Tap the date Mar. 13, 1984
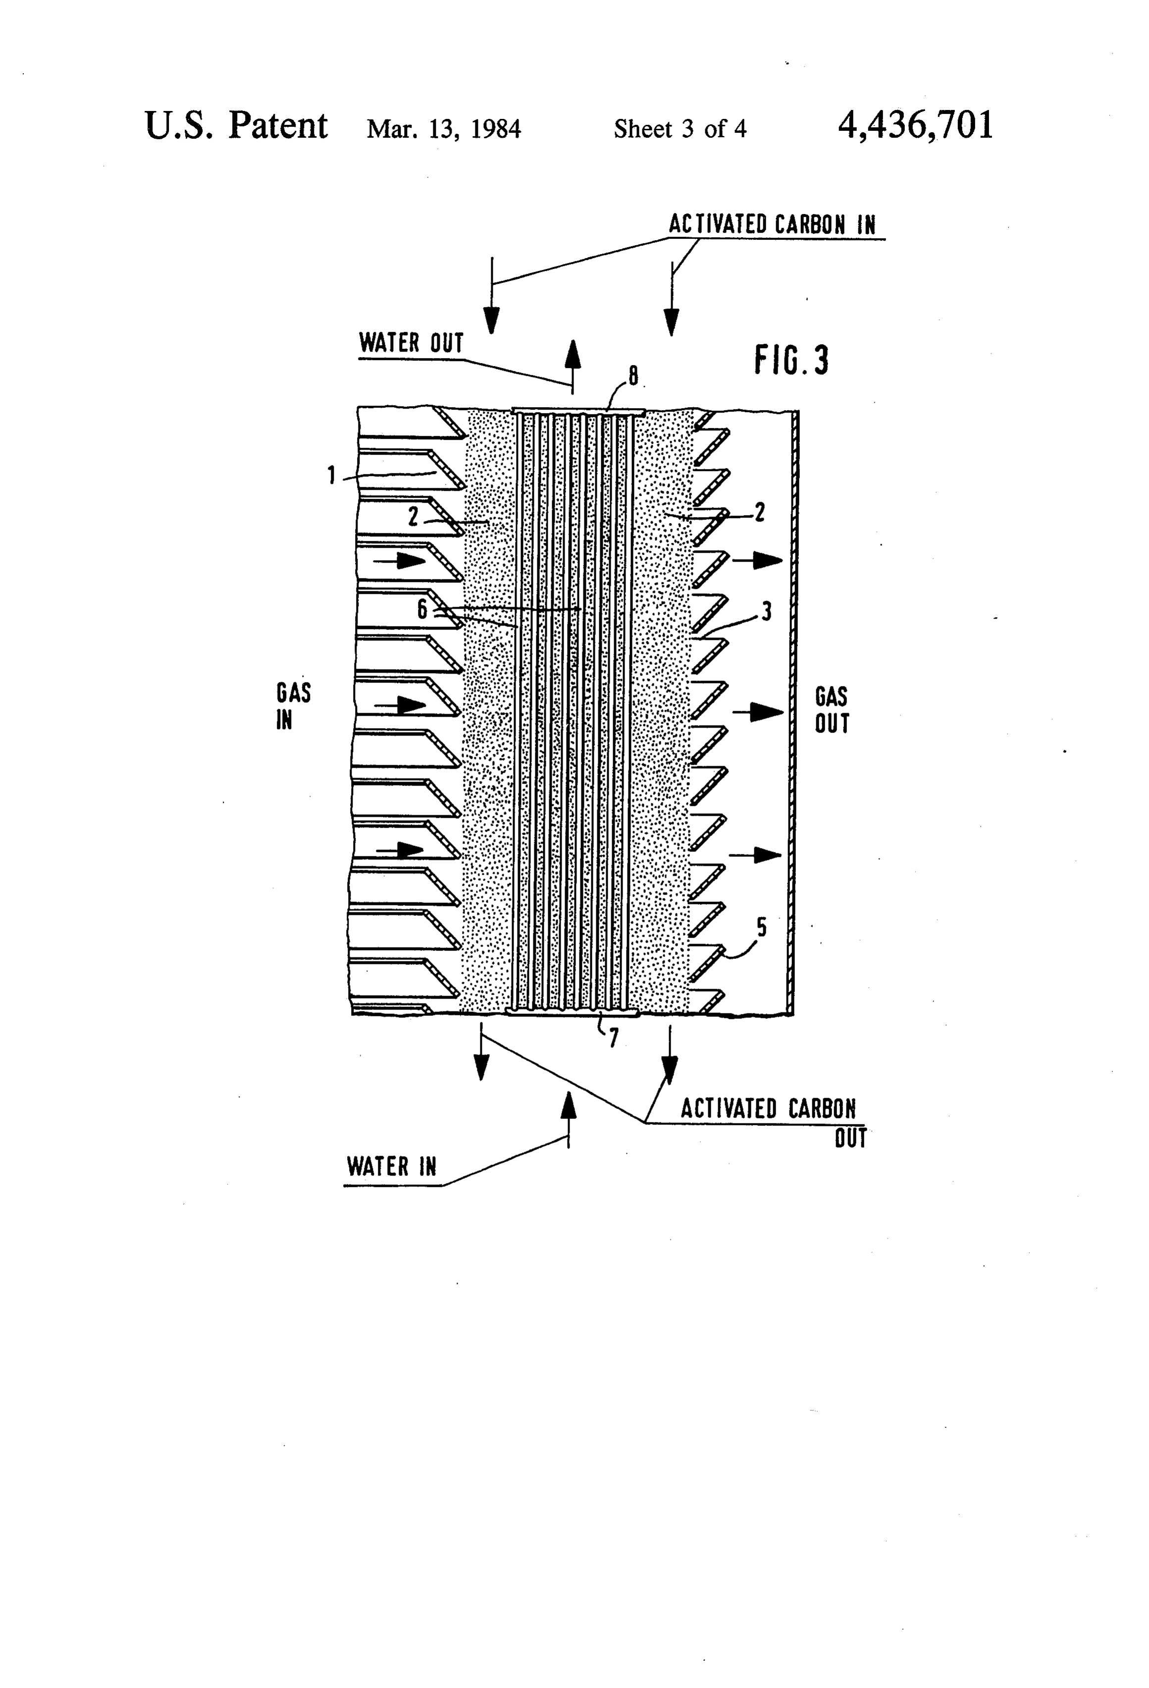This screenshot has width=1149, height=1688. pos(444,129)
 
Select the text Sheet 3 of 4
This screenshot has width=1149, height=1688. pos(680,129)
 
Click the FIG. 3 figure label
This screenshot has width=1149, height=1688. pos(791,360)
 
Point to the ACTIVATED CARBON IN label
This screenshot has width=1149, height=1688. pos(772,224)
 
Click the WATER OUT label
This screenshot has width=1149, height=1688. pos(411,343)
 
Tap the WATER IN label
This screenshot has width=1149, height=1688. pos(391,1166)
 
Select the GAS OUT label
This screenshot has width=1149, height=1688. pos(832,710)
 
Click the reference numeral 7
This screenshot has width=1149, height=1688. pos(614,1039)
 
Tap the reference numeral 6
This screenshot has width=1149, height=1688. pos(422,609)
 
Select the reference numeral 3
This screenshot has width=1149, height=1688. pos(766,612)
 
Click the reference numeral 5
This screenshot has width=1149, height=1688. pos(762,928)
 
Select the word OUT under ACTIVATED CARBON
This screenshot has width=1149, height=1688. pos(850,1138)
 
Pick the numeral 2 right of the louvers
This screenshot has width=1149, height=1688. pos(760,513)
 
